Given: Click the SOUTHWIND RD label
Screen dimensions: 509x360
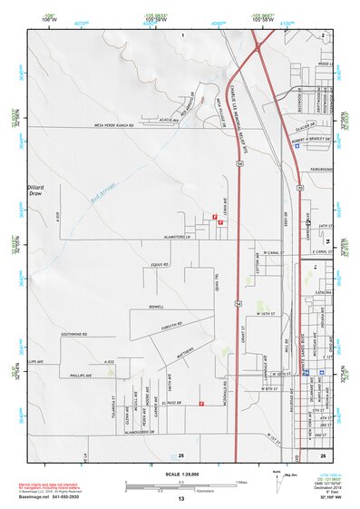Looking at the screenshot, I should point(73,334).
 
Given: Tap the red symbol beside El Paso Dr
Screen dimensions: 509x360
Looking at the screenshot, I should point(200,406).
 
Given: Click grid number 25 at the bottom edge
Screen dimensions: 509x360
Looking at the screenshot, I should point(181,454).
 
